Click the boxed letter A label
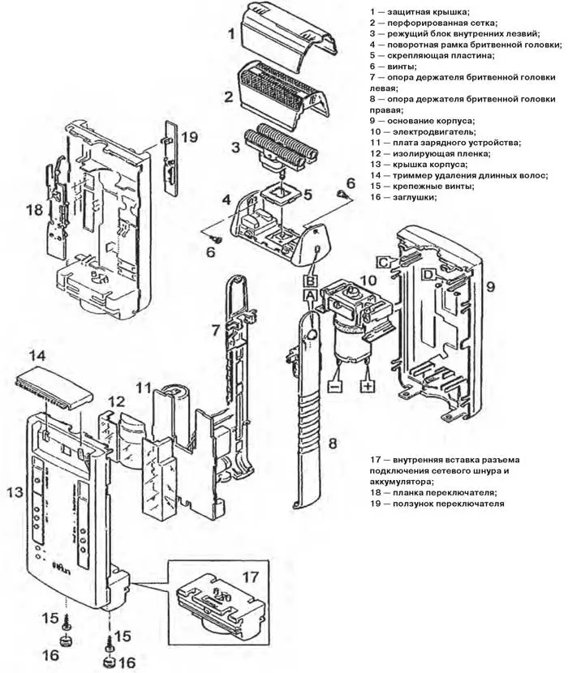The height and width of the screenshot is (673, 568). pyautogui.click(x=309, y=298)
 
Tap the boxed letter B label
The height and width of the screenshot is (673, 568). pyautogui.click(x=309, y=281)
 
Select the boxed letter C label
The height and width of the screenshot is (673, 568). pyautogui.click(x=384, y=261)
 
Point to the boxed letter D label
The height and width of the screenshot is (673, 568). pyautogui.click(x=427, y=275)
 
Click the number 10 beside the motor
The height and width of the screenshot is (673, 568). pyautogui.click(x=368, y=281)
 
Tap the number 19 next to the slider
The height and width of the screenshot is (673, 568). pyautogui.click(x=189, y=137)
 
